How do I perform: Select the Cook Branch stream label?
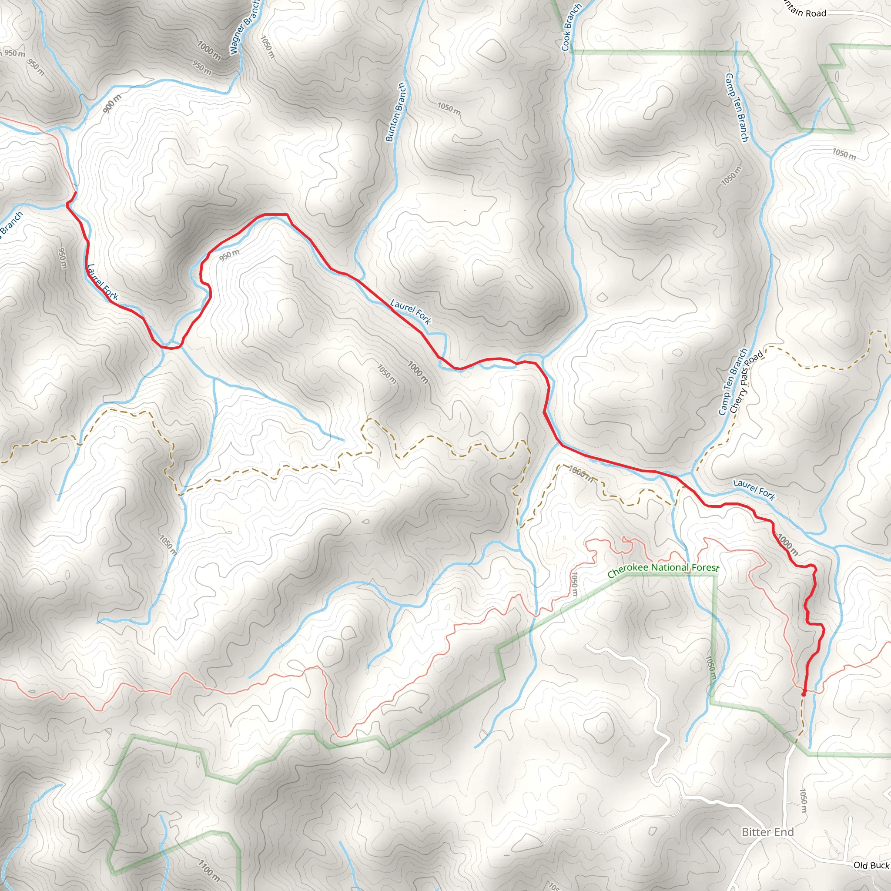[x=571, y=27]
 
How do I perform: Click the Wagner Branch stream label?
[x=245, y=28]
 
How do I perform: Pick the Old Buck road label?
[x=871, y=865]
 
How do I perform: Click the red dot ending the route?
[x=804, y=693]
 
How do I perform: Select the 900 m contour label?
[x=112, y=103]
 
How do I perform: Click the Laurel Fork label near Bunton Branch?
[x=410, y=312]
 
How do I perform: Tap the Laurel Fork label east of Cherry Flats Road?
[x=754, y=490]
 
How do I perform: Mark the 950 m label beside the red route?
[x=229, y=255]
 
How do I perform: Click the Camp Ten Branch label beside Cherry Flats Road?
[x=732, y=382]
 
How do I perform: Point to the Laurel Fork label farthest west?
[x=103, y=282]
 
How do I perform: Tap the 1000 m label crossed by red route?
[x=787, y=544]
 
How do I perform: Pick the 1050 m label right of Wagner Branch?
[x=268, y=47]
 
